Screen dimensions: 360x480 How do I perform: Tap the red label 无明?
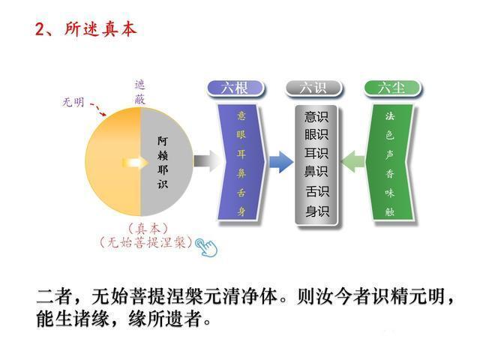pos(73,103)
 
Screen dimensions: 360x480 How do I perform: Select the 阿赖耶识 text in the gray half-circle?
pos(163,160)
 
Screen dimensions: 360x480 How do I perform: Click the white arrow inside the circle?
pos(134,161)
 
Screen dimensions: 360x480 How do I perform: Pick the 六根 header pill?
pos(236,88)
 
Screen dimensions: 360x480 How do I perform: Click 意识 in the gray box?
pos(316,116)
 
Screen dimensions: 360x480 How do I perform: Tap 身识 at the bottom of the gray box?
pos(316,211)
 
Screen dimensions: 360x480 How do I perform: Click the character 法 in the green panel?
pos(390,116)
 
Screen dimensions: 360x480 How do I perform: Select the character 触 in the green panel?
pos(390,211)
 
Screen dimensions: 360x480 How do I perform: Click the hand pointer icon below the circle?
pos(203,245)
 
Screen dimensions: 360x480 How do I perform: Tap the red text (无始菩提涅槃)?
pos(146,242)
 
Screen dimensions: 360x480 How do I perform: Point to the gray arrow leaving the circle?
pos(205,160)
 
